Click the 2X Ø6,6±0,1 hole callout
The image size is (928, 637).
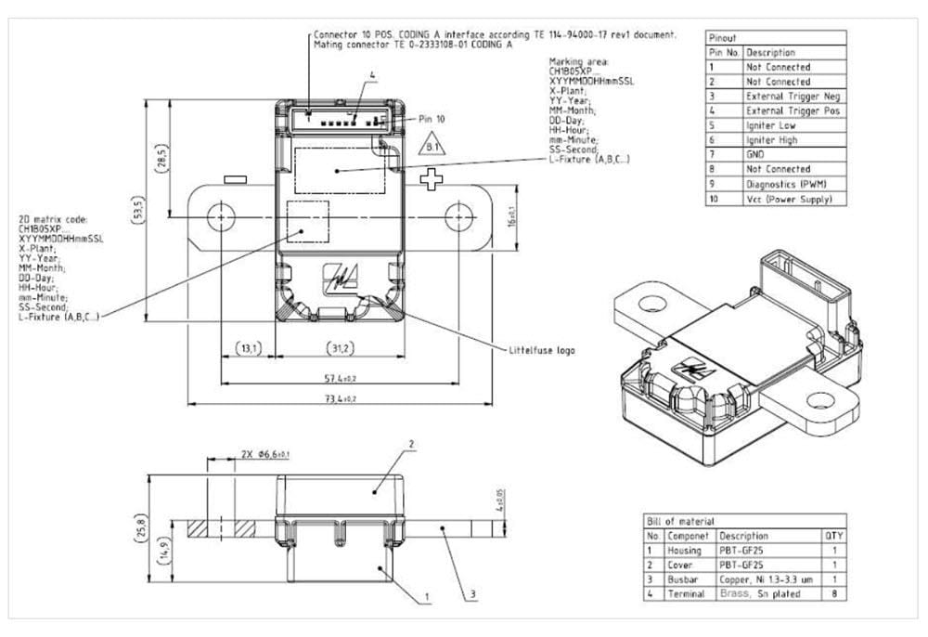pos(265,454)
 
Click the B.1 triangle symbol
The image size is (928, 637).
pos(432,147)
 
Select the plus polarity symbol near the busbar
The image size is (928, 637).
pos(431,180)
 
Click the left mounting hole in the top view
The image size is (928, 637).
pos(221,218)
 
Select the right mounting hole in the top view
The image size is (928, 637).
pos(458,218)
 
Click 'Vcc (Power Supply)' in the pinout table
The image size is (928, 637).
pos(789,198)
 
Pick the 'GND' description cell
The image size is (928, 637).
pos(755,154)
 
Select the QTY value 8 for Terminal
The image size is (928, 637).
pos(835,592)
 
